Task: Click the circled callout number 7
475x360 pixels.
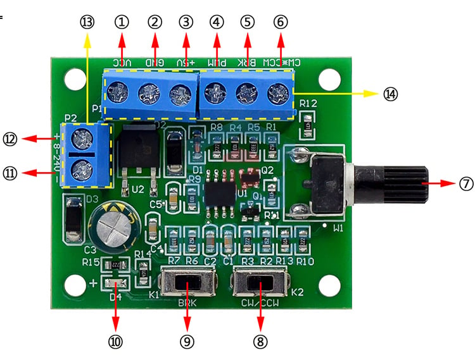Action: pyautogui.click(x=466, y=183)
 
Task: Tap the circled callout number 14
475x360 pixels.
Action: pyautogui.click(x=391, y=94)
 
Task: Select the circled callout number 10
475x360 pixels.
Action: pyautogui.click(x=115, y=342)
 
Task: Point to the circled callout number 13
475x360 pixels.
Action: pyautogui.click(x=87, y=22)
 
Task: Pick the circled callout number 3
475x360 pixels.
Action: pyautogui.click(x=186, y=22)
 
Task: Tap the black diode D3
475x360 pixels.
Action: pyautogui.click(x=73, y=220)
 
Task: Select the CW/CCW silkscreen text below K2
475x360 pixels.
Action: pyautogui.click(x=261, y=303)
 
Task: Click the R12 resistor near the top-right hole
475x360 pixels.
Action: pyautogui.click(x=309, y=121)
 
